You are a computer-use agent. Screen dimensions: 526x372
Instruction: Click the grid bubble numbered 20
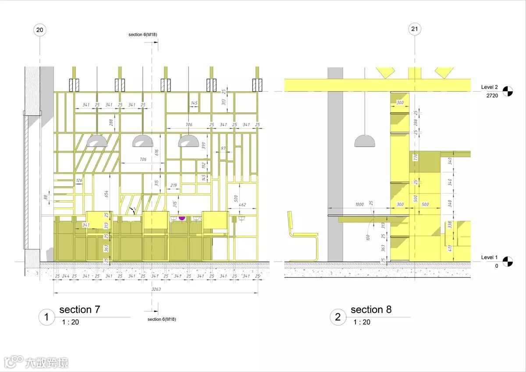click(40, 30)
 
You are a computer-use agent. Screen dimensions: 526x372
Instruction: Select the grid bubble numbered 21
click(414, 29)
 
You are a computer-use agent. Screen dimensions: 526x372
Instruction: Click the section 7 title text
click(79, 309)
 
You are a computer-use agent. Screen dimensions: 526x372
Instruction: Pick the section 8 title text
click(371, 309)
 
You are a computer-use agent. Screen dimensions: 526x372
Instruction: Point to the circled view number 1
click(47, 317)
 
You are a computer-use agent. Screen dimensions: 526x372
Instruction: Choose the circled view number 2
click(338, 317)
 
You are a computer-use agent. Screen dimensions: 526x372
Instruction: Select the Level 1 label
click(490, 257)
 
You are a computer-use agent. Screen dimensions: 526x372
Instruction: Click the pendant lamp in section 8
click(365, 141)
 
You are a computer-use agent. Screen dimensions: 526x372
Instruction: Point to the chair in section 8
click(302, 237)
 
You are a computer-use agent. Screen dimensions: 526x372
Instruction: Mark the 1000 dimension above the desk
click(359, 204)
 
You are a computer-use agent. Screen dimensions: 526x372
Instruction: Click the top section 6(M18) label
click(142, 34)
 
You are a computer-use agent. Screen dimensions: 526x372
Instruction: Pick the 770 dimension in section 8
click(415, 157)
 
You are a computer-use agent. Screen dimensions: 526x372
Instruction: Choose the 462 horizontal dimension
click(242, 204)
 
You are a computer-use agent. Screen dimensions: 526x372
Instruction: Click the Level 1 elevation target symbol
click(508, 261)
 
